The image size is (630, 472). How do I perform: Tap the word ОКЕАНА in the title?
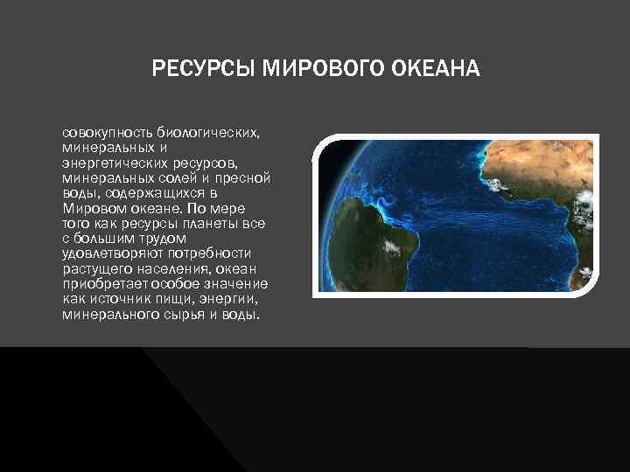[x=442, y=68]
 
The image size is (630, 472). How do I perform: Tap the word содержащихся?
[x=153, y=193]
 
